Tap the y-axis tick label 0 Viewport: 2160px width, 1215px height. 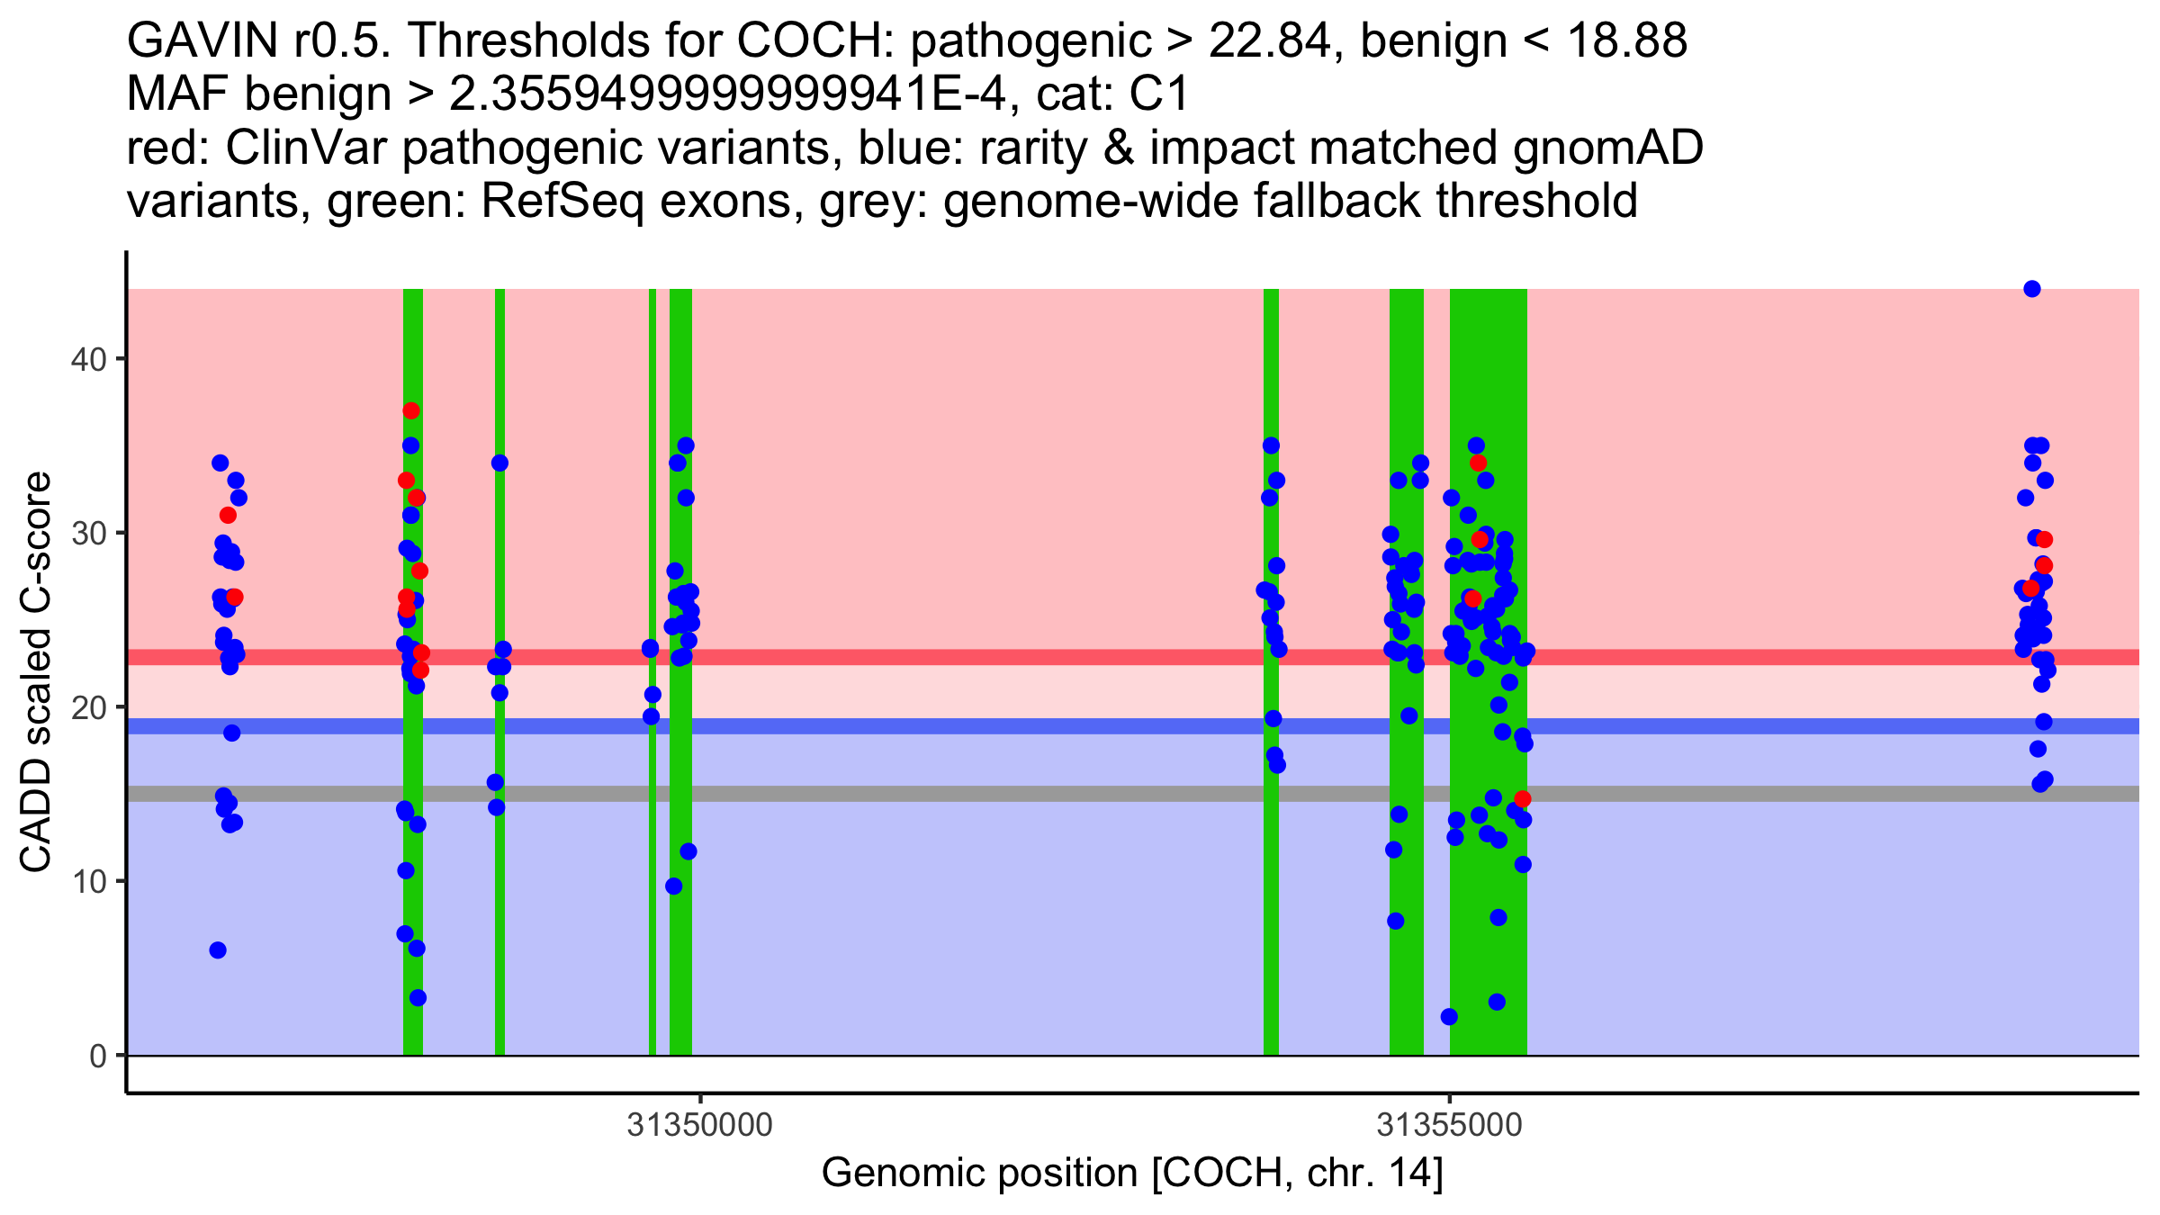97,1056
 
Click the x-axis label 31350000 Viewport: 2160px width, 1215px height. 700,1125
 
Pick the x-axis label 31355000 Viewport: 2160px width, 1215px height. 1449,1125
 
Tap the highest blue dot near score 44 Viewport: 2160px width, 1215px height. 2031,289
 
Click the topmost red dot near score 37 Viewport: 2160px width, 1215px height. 411,410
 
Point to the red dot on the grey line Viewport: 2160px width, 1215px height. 1522,798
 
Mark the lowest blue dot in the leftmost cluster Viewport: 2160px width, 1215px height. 218,950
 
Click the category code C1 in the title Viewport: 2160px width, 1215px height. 1161,94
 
